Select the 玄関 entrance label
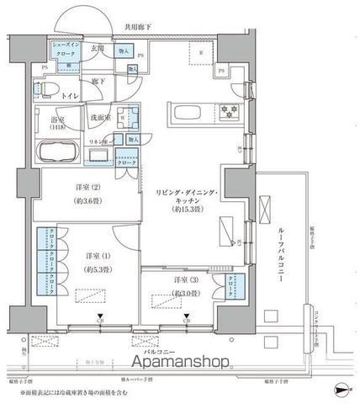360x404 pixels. coord(98,50)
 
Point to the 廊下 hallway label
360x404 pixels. coord(98,81)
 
